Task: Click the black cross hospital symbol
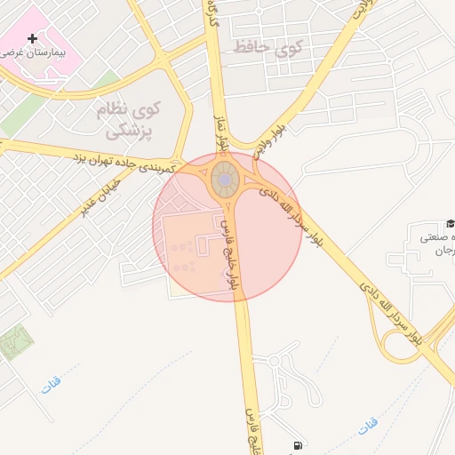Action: [33, 38]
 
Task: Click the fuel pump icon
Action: [296, 446]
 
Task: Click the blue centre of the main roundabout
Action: [226, 180]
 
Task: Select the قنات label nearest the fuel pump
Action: [368, 427]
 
